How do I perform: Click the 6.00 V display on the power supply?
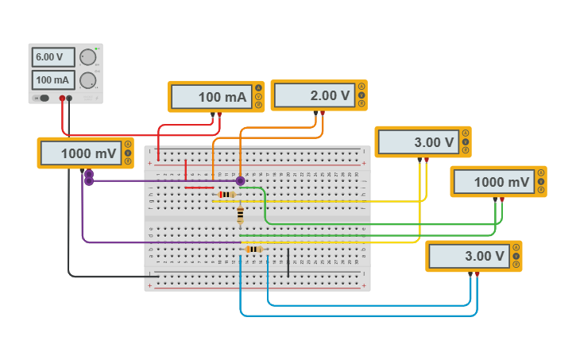pyautogui.click(x=53, y=57)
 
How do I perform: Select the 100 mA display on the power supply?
pyautogui.click(x=53, y=80)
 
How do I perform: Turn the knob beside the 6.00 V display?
pyautogui.click(x=87, y=57)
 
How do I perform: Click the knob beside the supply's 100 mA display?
pyautogui.click(x=87, y=80)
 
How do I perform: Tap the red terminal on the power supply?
pyautogui.click(x=62, y=98)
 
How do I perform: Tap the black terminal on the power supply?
pyautogui.click(x=69, y=98)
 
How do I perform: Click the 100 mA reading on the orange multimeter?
pyautogui.click(x=211, y=97)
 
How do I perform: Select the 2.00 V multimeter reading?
pyautogui.click(x=314, y=95)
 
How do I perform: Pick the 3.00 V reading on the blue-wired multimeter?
pyautogui.click(x=469, y=257)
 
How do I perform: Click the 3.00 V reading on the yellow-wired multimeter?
pyautogui.click(x=418, y=142)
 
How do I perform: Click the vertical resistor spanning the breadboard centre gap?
pyautogui.click(x=240, y=214)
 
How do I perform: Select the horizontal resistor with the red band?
pyautogui.click(x=226, y=194)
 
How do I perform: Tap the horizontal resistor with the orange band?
pyautogui.click(x=253, y=249)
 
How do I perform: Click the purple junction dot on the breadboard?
pyautogui.click(x=240, y=181)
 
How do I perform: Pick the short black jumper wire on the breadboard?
pyautogui.click(x=288, y=262)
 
